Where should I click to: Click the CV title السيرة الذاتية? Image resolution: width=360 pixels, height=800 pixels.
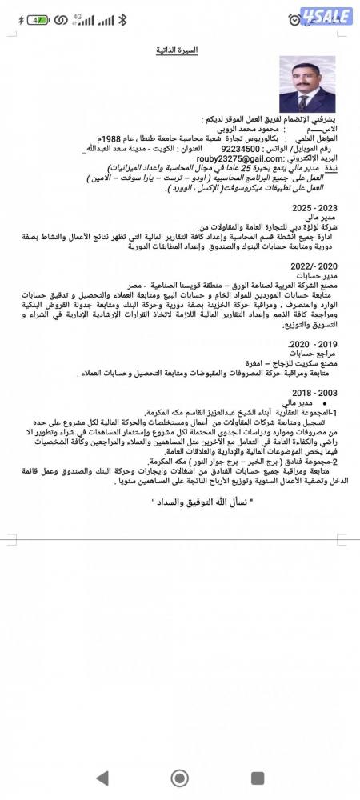point(177,51)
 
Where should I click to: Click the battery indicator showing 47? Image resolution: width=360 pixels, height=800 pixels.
point(36,19)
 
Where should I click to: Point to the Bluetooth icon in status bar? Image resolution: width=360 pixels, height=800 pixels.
point(122,19)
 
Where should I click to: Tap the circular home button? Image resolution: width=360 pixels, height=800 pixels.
point(179,777)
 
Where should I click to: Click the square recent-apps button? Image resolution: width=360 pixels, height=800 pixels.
point(257,777)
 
